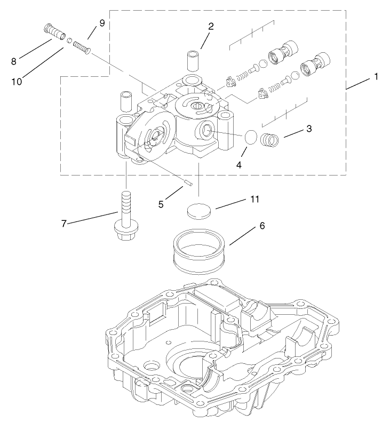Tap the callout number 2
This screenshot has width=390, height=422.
(211, 26)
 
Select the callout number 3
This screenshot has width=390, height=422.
(309, 129)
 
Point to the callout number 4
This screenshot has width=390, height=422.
(239, 165)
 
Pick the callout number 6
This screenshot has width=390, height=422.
(262, 226)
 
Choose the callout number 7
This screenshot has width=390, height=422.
(63, 223)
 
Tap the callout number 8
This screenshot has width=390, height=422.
(14, 61)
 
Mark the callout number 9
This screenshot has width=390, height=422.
(102, 23)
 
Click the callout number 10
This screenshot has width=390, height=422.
(18, 82)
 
